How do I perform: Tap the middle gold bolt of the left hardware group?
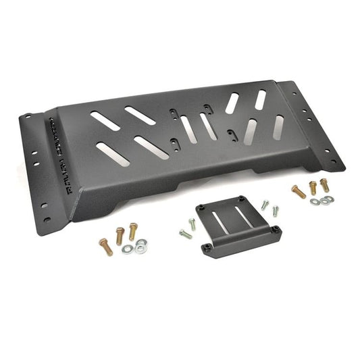pos(120,236)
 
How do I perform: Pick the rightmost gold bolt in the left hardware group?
pos(133,232)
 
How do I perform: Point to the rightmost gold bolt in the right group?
pos(325,184)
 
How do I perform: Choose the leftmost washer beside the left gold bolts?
pos(127,249)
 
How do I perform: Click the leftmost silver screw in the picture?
pos(185,234)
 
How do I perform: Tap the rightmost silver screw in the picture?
pos(275,210)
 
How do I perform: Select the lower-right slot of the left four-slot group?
pos(152,147)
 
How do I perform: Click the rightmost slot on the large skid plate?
pos(278,126)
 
